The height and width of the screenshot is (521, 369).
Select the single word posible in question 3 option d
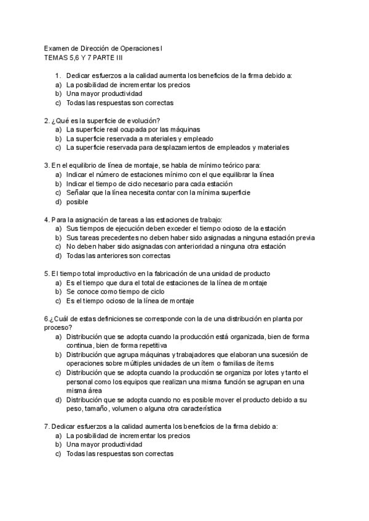[77, 202]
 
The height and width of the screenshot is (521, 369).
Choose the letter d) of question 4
[58, 256]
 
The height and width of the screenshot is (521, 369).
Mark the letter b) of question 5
[58, 292]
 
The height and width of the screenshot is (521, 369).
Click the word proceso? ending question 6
[58, 327]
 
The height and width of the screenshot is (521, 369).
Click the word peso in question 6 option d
[75, 409]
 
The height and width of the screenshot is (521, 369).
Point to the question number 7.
[47, 426]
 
